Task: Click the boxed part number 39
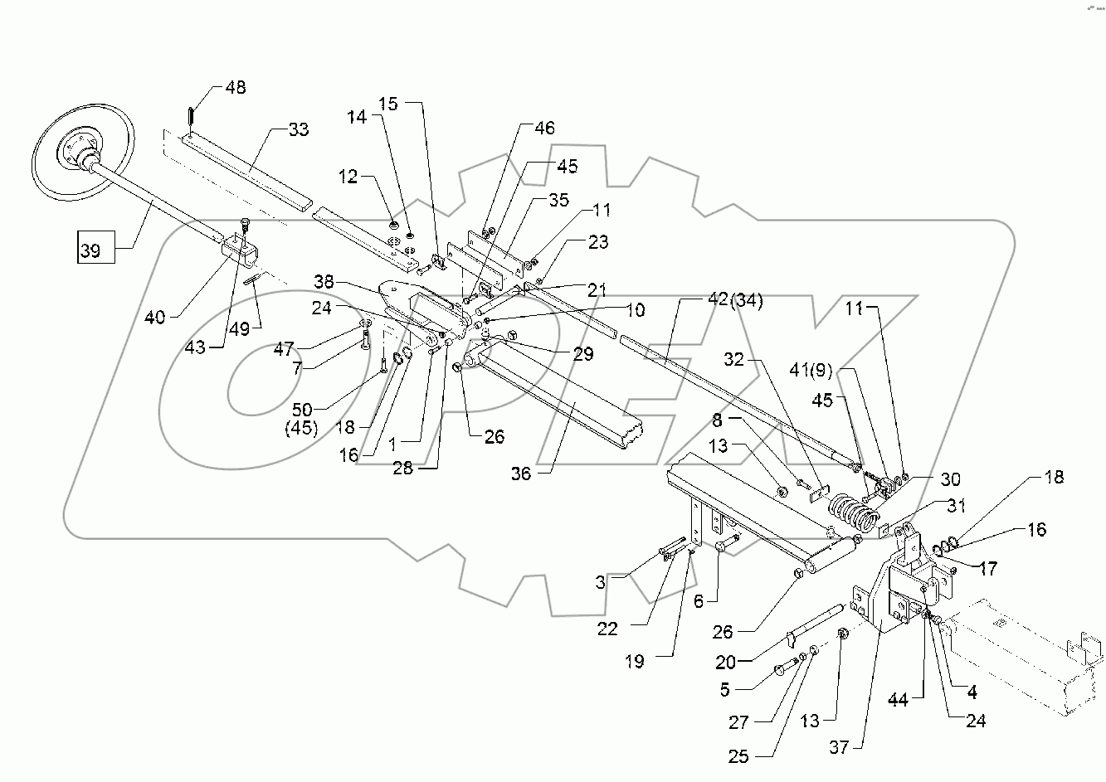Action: [90, 249]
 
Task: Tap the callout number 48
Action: [236, 88]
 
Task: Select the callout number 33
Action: [298, 129]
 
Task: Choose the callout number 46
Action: [544, 129]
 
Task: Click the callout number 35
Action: [558, 200]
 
